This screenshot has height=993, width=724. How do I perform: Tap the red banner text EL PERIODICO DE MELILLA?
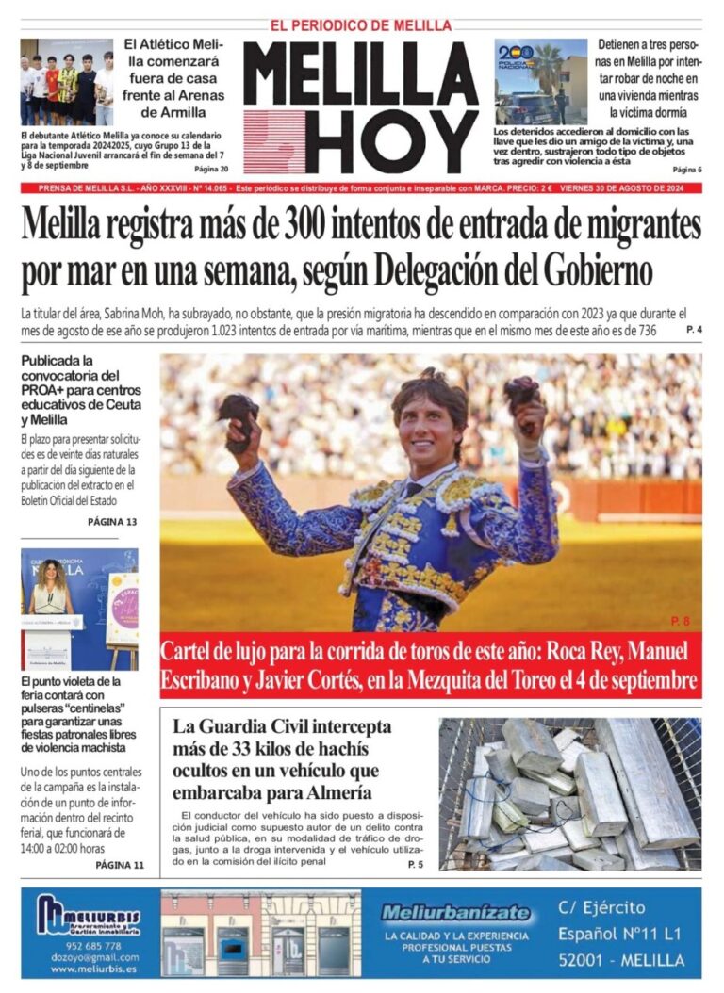[x=361, y=25]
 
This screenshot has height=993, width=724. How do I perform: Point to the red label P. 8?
[x=680, y=621]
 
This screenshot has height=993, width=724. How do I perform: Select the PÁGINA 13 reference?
[x=112, y=521]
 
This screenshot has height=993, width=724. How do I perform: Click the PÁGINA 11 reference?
[x=119, y=865]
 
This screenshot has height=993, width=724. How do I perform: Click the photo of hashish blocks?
[x=569, y=793]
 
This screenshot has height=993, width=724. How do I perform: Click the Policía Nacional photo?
[x=540, y=81]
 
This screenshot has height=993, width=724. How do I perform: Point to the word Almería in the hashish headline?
[x=337, y=792]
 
